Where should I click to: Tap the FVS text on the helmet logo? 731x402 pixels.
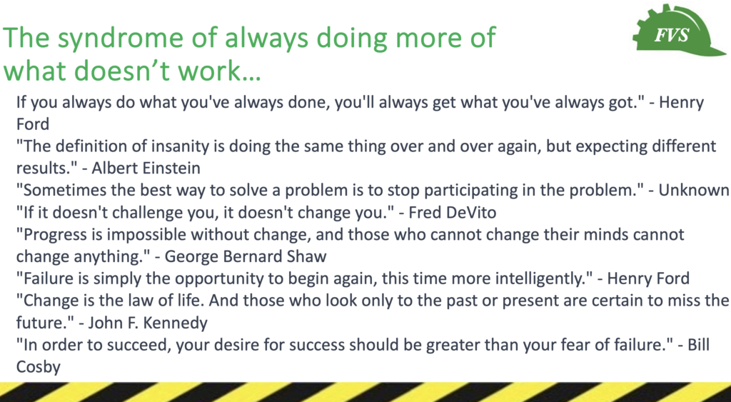[671, 35]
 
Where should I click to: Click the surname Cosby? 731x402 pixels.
[39, 367]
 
